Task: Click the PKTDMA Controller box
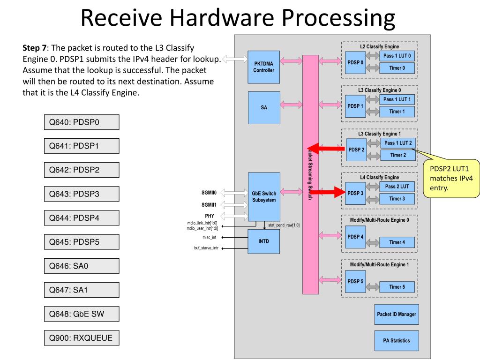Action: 264,67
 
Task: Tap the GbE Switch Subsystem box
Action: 264,196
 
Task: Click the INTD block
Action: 264,241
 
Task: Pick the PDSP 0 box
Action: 355,62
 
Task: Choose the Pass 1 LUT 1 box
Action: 398,99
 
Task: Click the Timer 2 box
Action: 398,155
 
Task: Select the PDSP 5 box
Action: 355,281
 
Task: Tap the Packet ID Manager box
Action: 396,314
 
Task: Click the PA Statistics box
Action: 396,341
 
